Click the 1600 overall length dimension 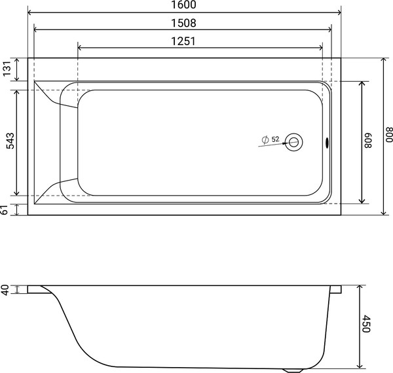pyautogui.click(x=185, y=5)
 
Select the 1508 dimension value pyautogui.click(x=185, y=22)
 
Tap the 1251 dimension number pyautogui.click(x=185, y=41)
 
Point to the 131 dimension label pyautogui.click(x=7, y=69)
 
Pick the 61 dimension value pyautogui.click(x=7, y=209)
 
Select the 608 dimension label pyautogui.click(x=368, y=140)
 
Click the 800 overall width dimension pyautogui.click(x=388, y=135)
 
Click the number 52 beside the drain pyautogui.click(x=275, y=139)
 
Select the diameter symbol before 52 pyautogui.click(x=264, y=139)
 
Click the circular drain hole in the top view pyautogui.click(x=294, y=141)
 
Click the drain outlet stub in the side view pyautogui.click(x=291, y=369)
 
